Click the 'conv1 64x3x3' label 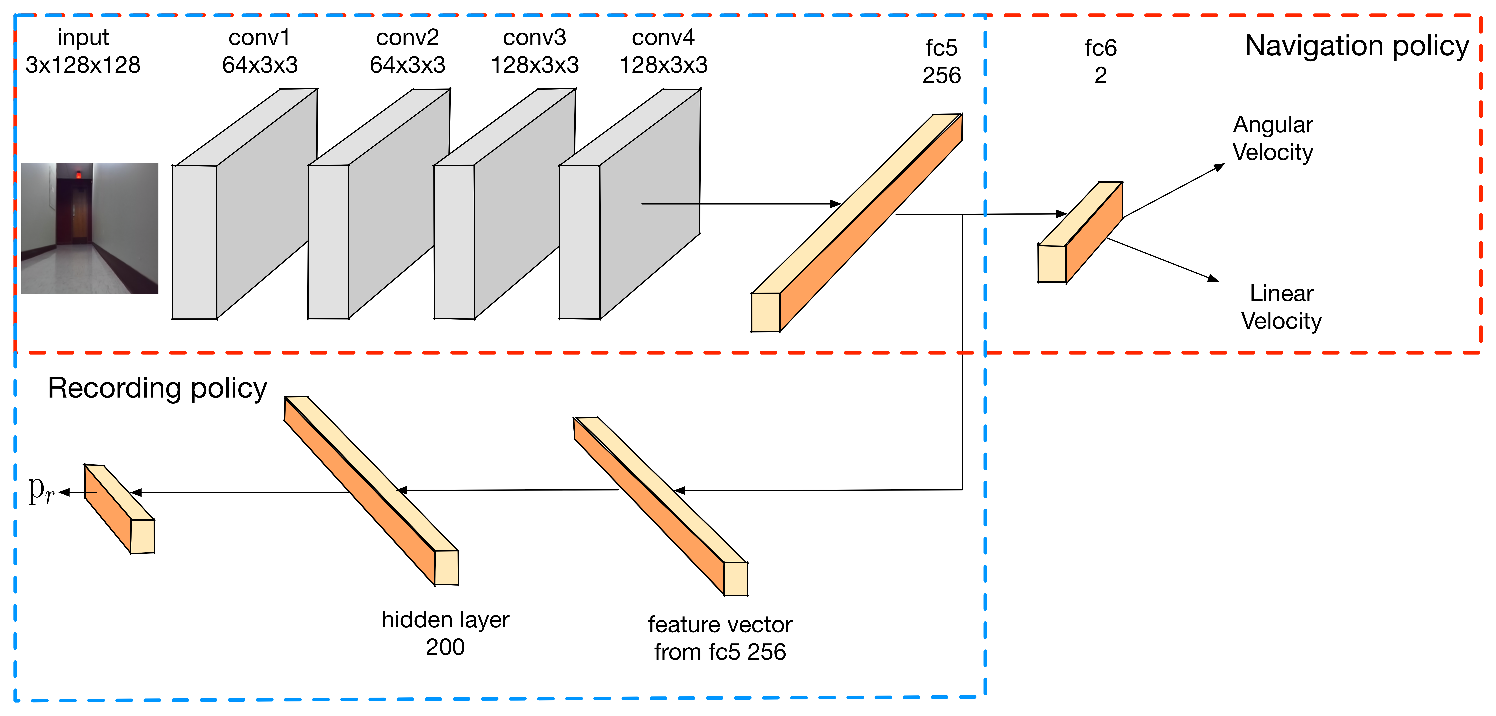[260, 51]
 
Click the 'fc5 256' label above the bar [941, 62]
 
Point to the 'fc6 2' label [1100, 62]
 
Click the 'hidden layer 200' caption [446, 633]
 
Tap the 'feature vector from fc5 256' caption [720, 638]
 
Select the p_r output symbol [41, 491]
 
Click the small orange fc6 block [1080, 233]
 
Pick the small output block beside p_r [119, 508]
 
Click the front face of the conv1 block [194, 242]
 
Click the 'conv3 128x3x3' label [535, 51]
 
